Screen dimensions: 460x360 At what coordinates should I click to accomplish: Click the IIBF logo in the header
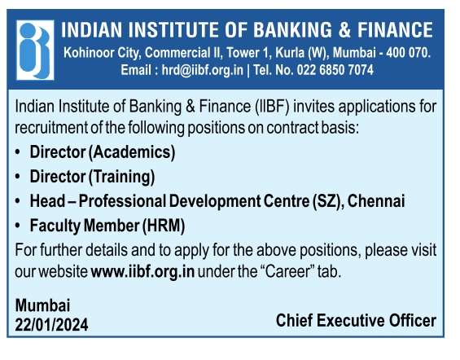pyautogui.click(x=35, y=50)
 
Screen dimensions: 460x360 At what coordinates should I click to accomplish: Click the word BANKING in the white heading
pyautogui.click(x=292, y=30)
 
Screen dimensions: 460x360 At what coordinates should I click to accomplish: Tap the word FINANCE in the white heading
pyautogui.click(x=395, y=30)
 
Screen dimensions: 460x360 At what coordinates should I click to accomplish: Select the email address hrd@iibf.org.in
pyautogui.click(x=203, y=70)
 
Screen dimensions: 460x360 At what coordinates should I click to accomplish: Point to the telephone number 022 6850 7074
pyautogui.click(x=335, y=70)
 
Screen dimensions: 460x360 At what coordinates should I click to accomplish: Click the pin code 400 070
pyautogui.click(x=409, y=53)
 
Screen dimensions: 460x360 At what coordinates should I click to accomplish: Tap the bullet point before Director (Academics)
pyautogui.click(x=18, y=152)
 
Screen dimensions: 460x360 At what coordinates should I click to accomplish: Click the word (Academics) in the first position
pyautogui.click(x=132, y=152)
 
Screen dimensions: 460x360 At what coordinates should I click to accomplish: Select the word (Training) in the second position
pyautogui.click(x=122, y=177)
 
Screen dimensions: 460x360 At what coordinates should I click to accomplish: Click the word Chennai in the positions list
pyautogui.click(x=376, y=201)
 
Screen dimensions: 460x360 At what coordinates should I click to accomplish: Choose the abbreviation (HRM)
pyautogui.click(x=164, y=226)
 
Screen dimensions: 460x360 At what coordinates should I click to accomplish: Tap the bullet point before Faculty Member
pyautogui.click(x=18, y=226)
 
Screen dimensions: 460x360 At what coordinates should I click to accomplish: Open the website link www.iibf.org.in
pyautogui.click(x=142, y=272)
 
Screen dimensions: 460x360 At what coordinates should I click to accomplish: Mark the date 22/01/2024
pyautogui.click(x=51, y=325)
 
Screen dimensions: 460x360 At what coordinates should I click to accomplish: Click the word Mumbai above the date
pyautogui.click(x=42, y=305)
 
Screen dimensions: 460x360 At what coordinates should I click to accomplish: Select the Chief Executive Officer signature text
pyautogui.click(x=356, y=320)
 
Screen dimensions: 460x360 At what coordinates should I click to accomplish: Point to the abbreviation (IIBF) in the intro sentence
pyautogui.click(x=273, y=106)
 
